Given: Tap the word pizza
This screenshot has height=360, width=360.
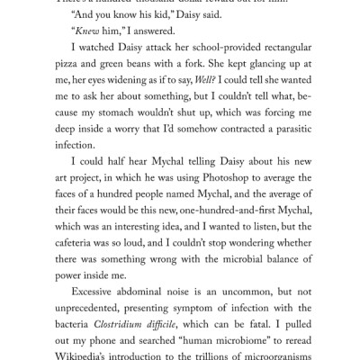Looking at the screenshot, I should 70,76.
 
